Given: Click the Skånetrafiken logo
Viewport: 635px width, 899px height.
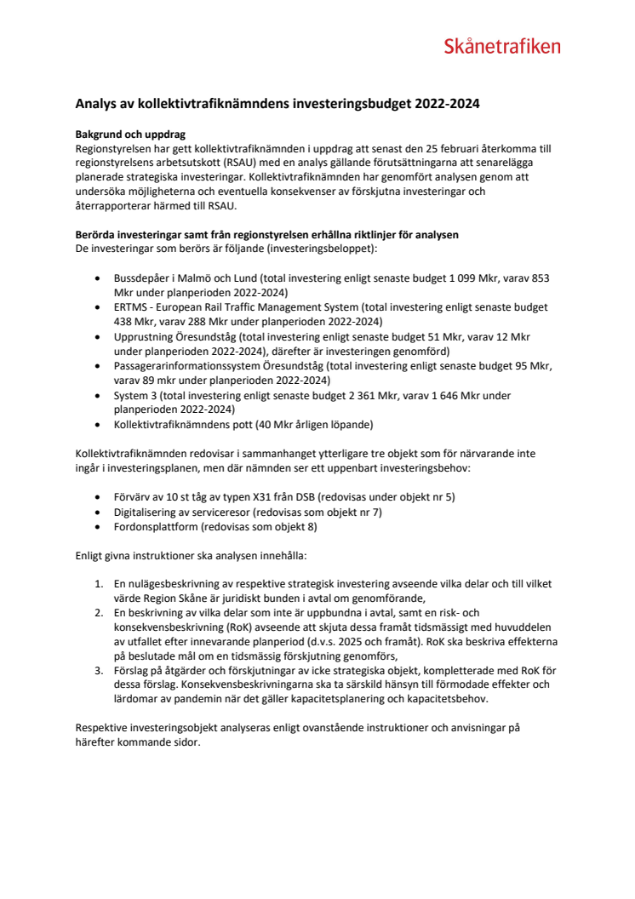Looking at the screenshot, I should (x=501, y=47).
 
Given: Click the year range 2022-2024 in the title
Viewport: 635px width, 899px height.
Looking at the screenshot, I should (x=448, y=105).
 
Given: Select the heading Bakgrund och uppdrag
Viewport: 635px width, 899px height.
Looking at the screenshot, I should (x=130, y=135).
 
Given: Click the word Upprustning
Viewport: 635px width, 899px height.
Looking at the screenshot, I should (x=143, y=336).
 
